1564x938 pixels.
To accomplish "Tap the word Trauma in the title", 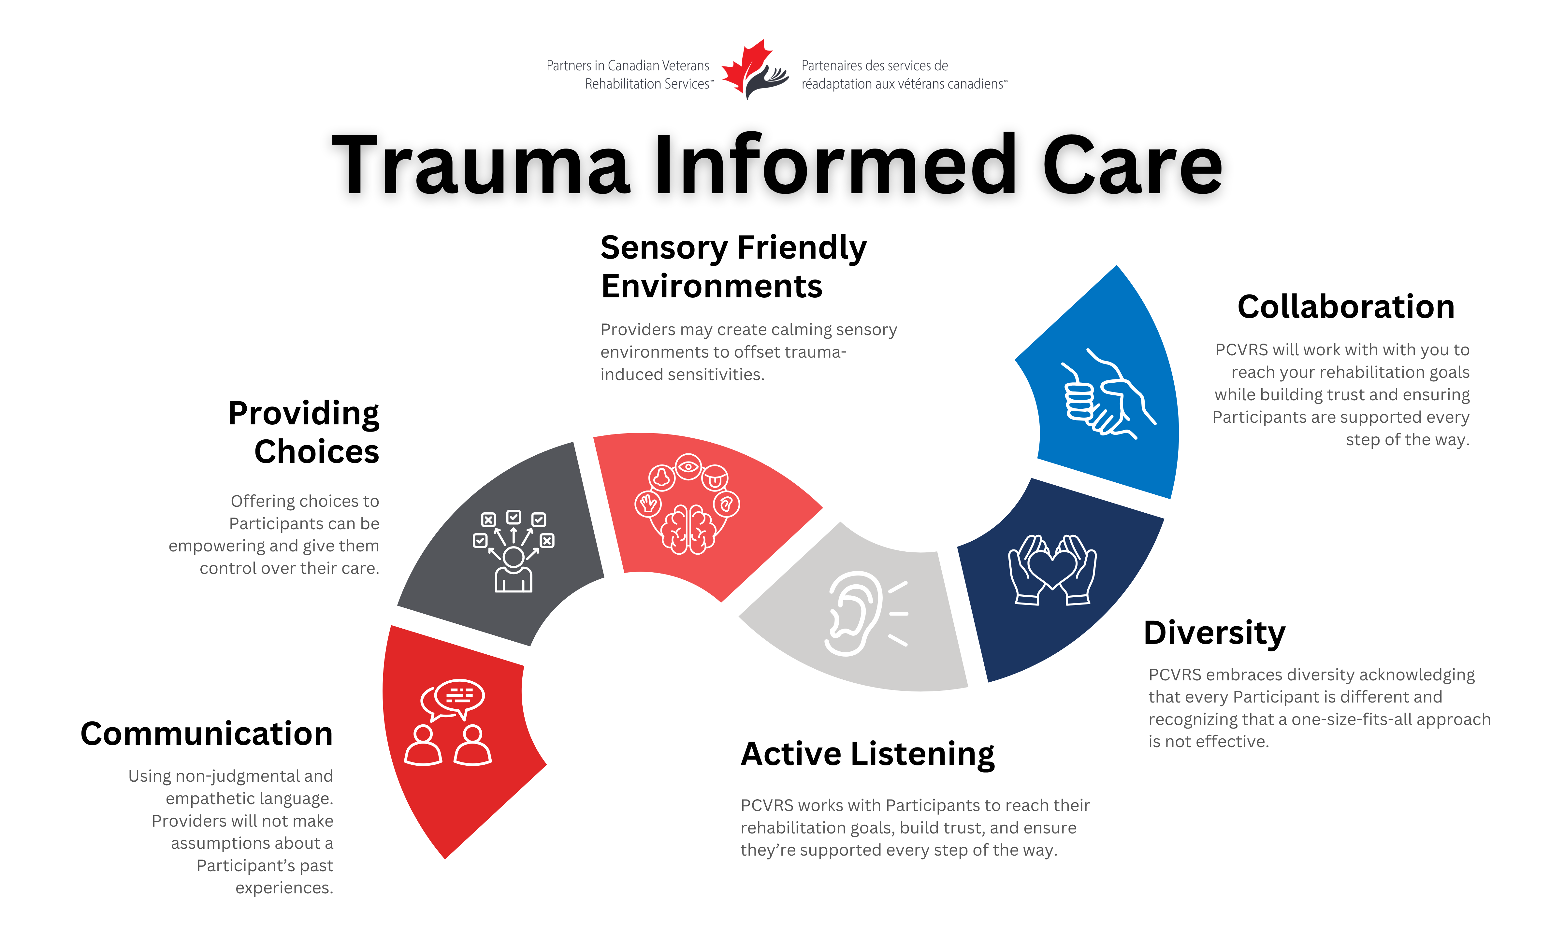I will pyautogui.click(x=481, y=165).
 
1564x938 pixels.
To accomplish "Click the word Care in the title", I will pyautogui.click(x=1132, y=165).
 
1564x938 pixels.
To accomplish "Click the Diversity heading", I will pyautogui.click(x=1214, y=633).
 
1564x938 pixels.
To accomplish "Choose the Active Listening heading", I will pyautogui.click(x=867, y=754).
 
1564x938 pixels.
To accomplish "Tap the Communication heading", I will pyautogui.click(x=207, y=734).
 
